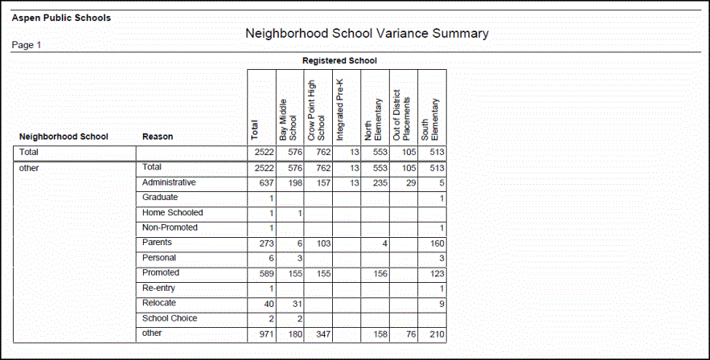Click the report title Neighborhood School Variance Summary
click(x=367, y=34)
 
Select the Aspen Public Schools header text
click(x=61, y=18)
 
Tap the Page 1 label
click(x=27, y=45)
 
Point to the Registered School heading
click(x=339, y=60)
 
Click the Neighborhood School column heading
click(x=64, y=137)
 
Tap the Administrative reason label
click(x=169, y=182)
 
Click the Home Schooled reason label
click(x=172, y=213)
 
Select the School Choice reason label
click(x=170, y=318)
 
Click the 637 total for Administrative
click(x=264, y=183)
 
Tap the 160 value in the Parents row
click(x=437, y=243)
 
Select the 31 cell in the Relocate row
click(x=294, y=304)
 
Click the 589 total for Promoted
click(x=264, y=274)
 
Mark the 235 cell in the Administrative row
click(x=378, y=183)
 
